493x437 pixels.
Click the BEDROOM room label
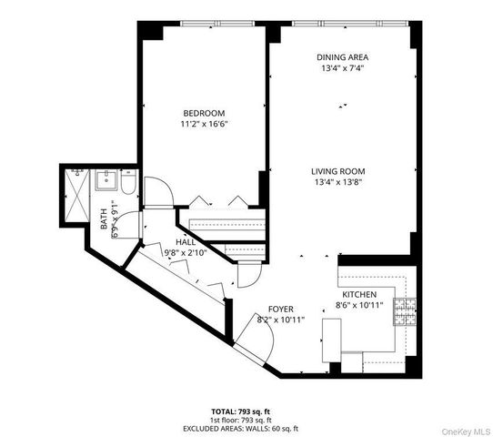tap(203, 113)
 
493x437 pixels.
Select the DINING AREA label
tap(342, 56)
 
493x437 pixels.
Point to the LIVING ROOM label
tap(337, 170)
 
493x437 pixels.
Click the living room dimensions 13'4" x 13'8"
tap(337, 181)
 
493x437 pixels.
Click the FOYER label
tap(279, 310)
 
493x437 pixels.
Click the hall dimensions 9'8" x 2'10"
tap(186, 253)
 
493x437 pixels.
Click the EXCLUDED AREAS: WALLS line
tap(246, 428)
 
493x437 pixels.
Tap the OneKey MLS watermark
tap(465, 430)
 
